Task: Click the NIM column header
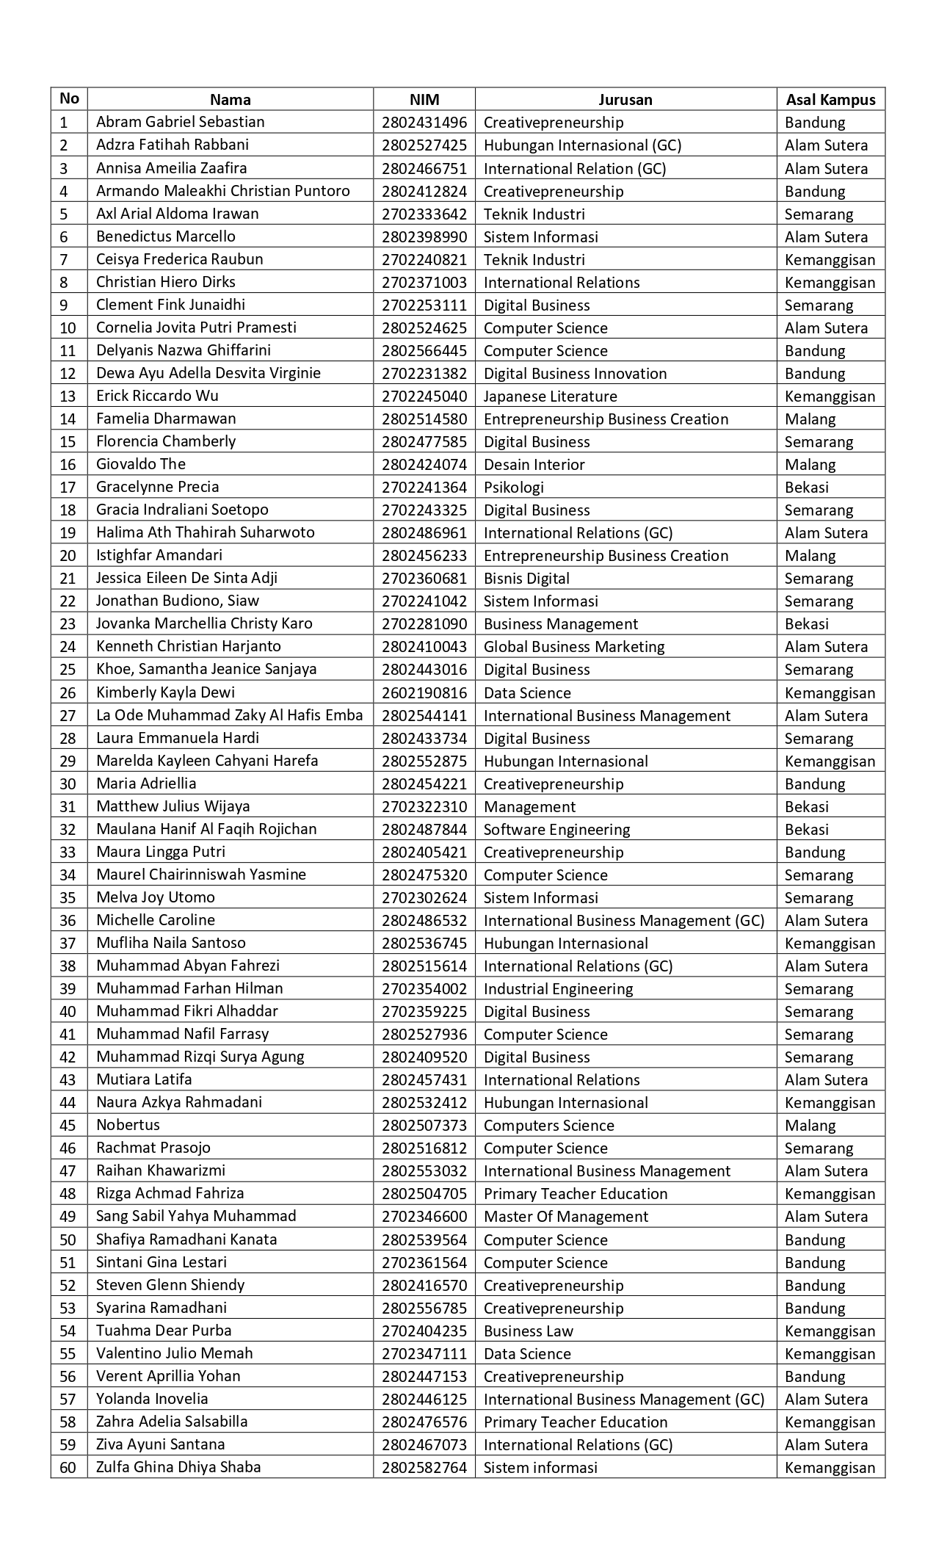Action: click(x=424, y=100)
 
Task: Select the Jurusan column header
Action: click(x=625, y=100)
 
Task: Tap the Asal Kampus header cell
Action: click(x=830, y=100)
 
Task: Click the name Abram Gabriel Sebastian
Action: click(x=180, y=122)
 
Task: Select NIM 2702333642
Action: click(x=424, y=214)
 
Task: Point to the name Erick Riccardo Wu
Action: click(x=157, y=396)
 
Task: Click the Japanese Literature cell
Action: click(x=550, y=397)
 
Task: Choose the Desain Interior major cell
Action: click(x=534, y=465)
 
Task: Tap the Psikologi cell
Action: click(x=513, y=488)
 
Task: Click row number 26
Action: click(x=68, y=692)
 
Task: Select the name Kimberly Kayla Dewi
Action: click(x=166, y=692)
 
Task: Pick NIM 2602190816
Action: click(x=424, y=692)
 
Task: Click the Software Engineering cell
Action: click(x=556, y=830)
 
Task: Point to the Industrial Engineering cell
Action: click(x=558, y=989)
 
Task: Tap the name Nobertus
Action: click(x=128, y=1125)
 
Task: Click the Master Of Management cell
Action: click(x=565, y=1217)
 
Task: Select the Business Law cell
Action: click(x=528, y=1331)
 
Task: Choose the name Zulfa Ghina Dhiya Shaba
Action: click(x=178, y=1467)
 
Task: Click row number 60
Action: click(x=68, y=1468)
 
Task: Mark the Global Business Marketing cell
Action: click(x=573, y=647)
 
